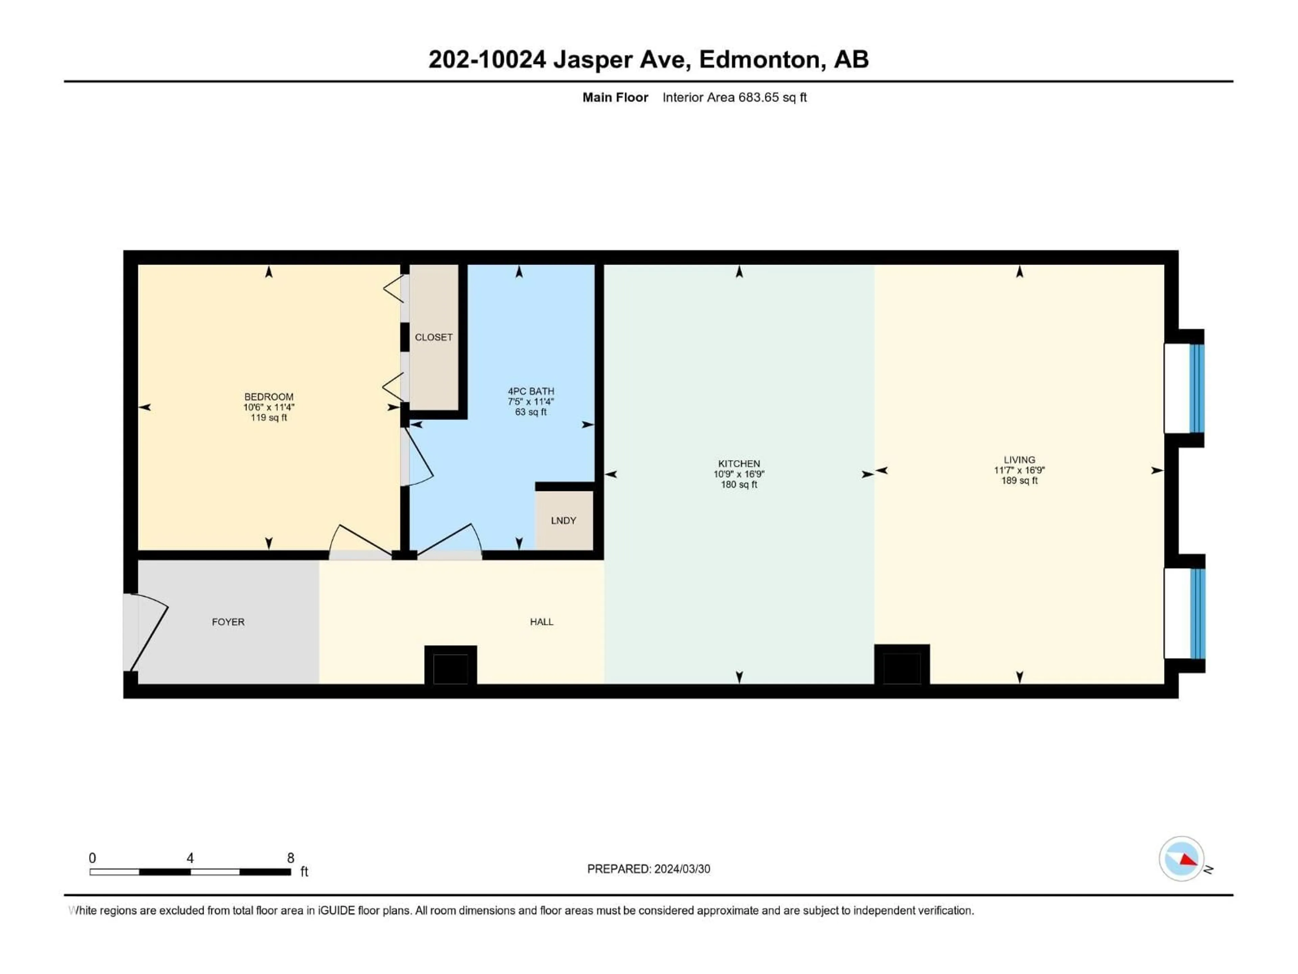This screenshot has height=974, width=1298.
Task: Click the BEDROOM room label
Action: tap(269, 397)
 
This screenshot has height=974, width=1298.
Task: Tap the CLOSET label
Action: tap(434, 337)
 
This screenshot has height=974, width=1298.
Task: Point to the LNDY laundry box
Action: tap(564, 520)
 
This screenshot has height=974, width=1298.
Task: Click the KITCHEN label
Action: tap(739, 464)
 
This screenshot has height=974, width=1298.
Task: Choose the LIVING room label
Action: tap(1019, 460)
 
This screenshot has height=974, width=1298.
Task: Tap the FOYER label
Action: tap(228, 622)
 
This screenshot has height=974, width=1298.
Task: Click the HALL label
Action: tap(542, 622)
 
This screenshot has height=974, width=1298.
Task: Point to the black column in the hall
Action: tap(451, 668)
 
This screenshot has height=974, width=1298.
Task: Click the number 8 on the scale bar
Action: tap(290, 858)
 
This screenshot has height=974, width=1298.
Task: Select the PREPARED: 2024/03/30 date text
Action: tap(648, 869)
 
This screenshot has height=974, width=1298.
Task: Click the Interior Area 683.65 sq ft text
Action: tap(734, 97)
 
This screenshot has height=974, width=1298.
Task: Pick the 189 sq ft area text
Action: tap(1019, 480)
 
